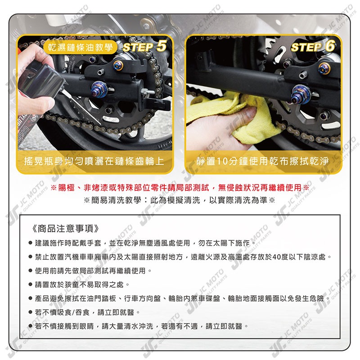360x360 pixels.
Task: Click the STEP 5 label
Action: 145,46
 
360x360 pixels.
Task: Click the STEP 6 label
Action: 314,47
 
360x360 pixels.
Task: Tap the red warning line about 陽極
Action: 180,187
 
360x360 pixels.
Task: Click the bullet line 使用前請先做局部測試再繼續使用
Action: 90,271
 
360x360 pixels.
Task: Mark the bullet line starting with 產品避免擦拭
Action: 180,298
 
